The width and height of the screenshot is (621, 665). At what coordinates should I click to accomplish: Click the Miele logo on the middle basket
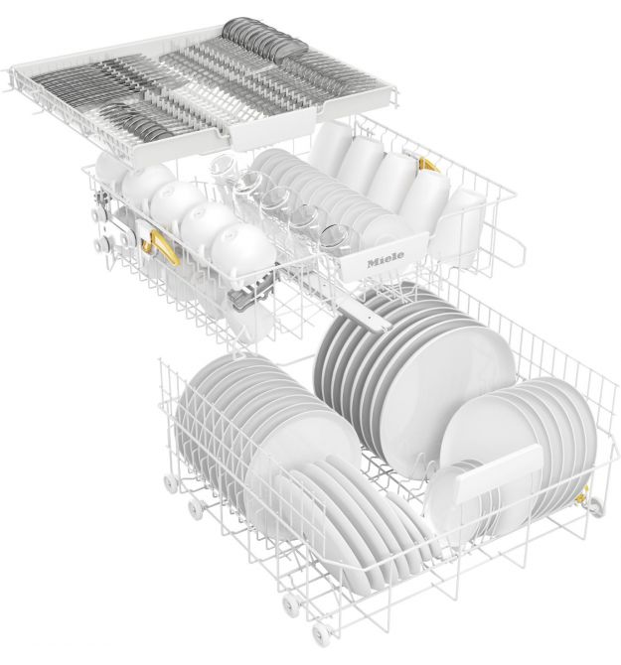pyautogui.click(x=386, y=258)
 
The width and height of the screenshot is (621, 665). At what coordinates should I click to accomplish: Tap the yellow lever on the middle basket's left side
pyautogui.click(x=160, y=248)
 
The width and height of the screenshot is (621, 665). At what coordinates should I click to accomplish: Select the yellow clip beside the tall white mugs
pyautogui.click(x=428, y=166)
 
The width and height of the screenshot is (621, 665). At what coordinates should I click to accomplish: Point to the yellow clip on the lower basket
pyautogui.click(x=582, y=495)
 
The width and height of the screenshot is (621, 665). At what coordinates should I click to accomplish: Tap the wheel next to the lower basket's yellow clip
pyautogui.click(x=595, y=507)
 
